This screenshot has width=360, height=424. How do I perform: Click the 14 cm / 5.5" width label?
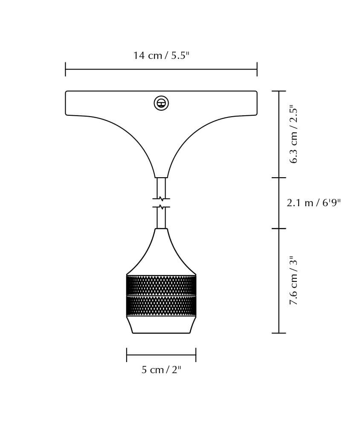pyautogui.click(x=161, y=56)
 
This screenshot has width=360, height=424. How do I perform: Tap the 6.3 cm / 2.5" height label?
pyautogui.click(x=293, y=134)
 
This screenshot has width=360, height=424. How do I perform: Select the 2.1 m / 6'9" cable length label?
pyautogui.click(x=314, y=202)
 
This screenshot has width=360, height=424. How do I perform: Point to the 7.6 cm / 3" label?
pyautogui.click(x=293, y=281)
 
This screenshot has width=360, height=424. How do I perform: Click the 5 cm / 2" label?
pyautogui.click(x=161, y=369)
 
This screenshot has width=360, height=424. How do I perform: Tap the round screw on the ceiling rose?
pyautogui.click(x=161, y=103)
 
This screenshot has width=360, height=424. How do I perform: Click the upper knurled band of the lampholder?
pyautogui.click(x=161, y=285)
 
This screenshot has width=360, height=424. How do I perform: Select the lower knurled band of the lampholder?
pyautogui.click(x=161, y=306)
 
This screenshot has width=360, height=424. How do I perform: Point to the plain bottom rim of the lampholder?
pyautogui.click(x=161, y=325)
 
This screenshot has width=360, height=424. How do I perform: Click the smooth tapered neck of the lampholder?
pyautogui.click(x=161, y=251)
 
